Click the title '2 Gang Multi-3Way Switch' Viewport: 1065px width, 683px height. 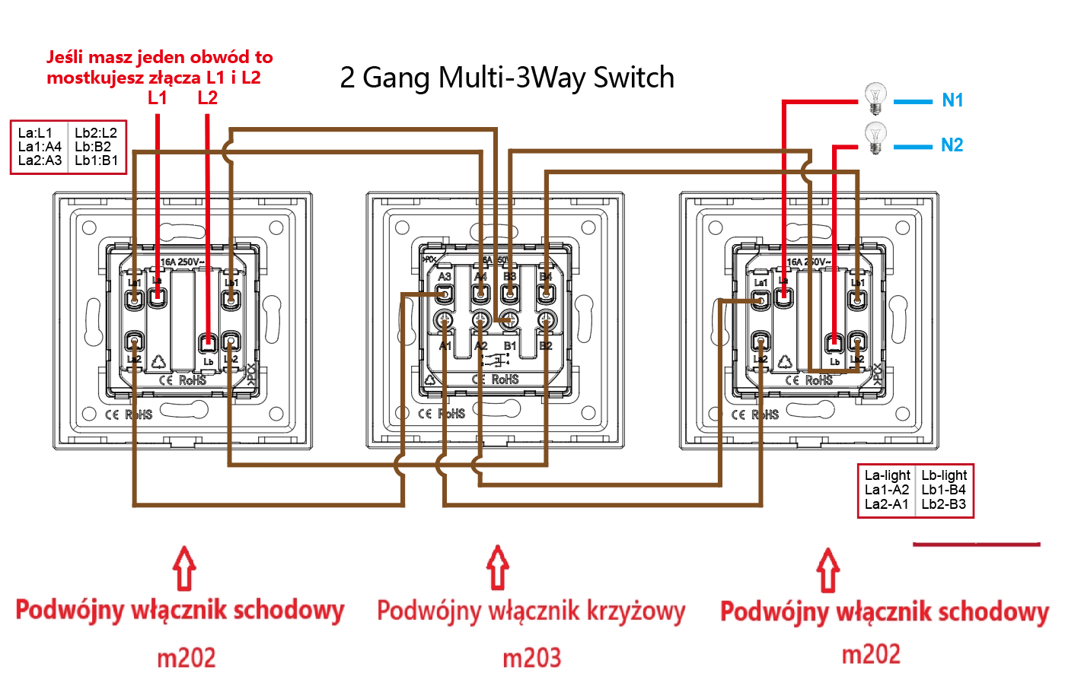pos(507,78)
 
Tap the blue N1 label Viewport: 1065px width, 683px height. pos(952,100)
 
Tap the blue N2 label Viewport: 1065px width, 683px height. pos(952,145)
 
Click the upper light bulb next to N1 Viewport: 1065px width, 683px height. pos(875,98)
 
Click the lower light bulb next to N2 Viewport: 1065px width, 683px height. pos(875,138)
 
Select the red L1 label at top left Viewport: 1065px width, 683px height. pos(157,97)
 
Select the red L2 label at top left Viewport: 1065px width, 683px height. pos(207,97)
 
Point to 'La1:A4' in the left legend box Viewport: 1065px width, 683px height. pos(40,147)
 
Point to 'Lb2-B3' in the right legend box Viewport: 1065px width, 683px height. pos(943,504)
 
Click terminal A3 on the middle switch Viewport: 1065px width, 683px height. pos(445,293)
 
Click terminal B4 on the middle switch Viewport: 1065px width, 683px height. pos(546,293)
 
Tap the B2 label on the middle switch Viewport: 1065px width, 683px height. pos(546,346)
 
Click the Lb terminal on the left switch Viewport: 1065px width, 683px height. pos(207,343)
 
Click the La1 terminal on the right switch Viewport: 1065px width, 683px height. pos(760,300)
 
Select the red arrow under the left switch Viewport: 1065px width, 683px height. pos(183,568)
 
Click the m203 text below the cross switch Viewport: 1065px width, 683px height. pos(531,657)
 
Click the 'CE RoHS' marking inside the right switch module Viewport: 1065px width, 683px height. pos(808,380)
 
